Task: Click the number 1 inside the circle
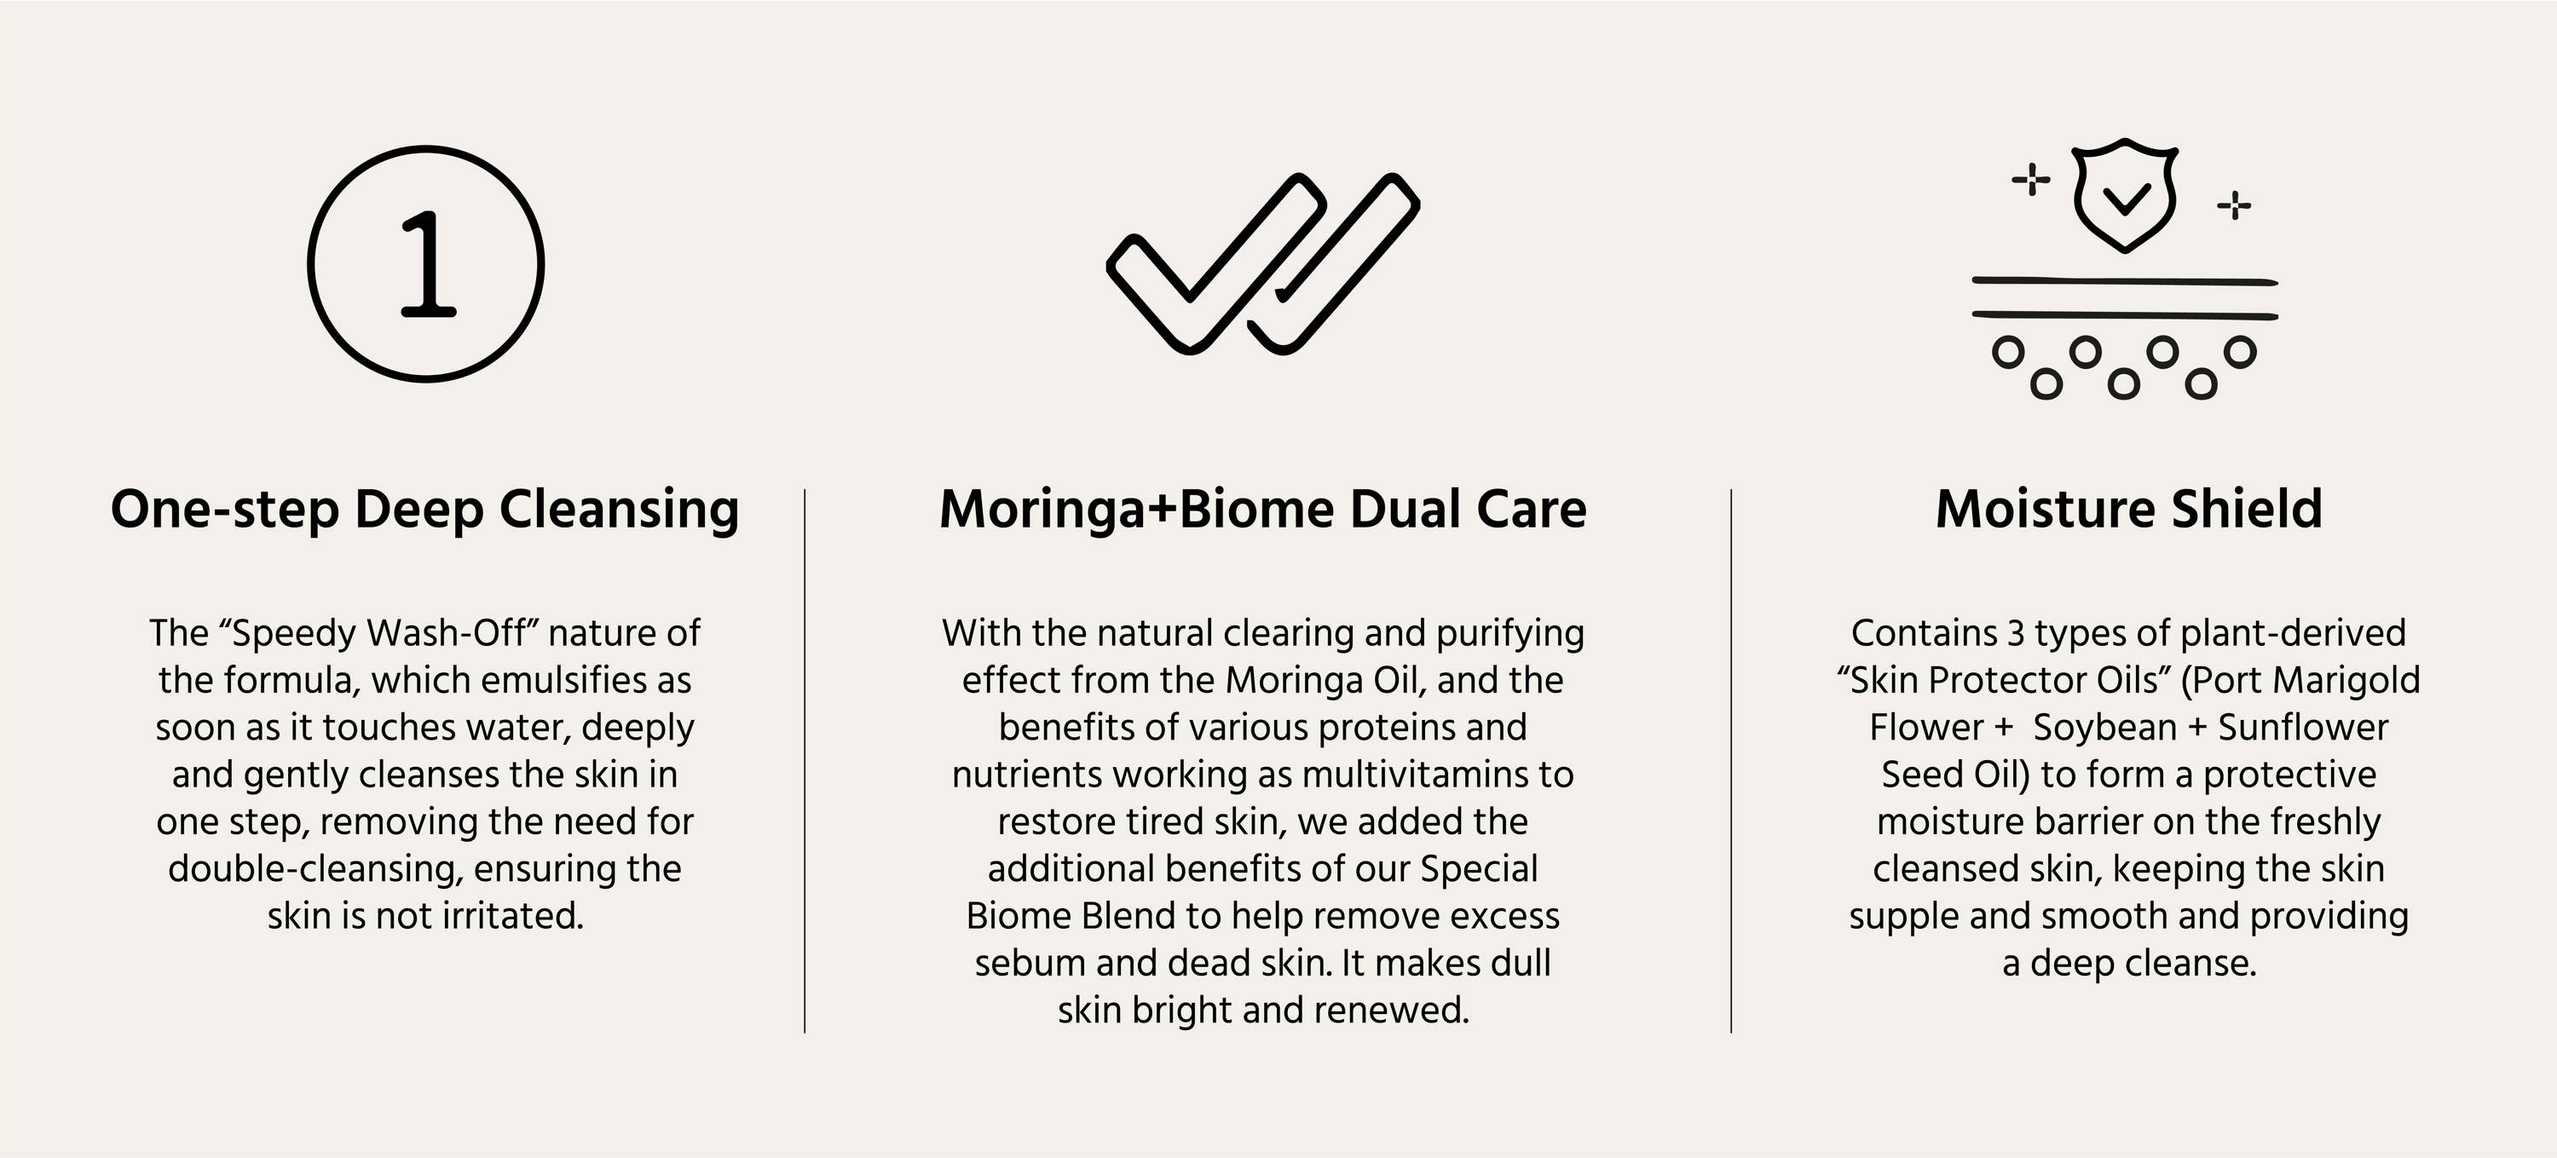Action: click(428, 264)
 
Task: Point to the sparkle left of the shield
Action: click(2031, 180)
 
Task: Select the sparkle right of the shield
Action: click(2235, 205)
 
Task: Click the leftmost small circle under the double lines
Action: click(2009, 352)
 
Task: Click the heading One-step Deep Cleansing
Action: click(424, 510)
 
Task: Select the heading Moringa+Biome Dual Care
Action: click(1262, 510)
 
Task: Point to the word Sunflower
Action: click(2303, 728)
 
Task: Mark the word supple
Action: click(1904, 917)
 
